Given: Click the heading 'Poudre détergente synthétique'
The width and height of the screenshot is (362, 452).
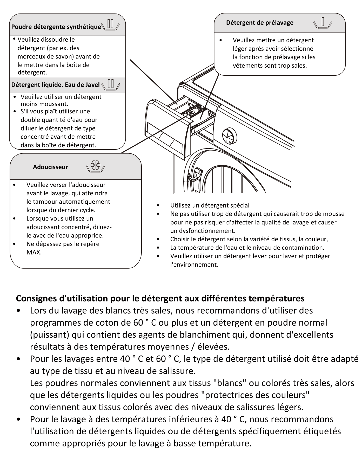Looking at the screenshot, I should coord(56,27).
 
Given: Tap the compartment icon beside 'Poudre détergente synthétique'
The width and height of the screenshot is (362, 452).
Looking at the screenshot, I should coord(110,25).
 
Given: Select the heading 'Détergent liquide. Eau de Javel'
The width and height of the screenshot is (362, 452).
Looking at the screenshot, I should coord(55,85).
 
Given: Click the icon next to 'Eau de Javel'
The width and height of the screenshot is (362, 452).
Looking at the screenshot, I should coord(111,85).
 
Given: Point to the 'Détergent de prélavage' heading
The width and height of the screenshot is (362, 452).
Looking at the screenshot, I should coord(260,23).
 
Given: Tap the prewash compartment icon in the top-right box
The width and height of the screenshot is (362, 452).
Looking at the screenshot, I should coord(323,23).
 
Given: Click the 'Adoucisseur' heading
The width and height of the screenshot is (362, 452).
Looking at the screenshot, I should coord(50,167).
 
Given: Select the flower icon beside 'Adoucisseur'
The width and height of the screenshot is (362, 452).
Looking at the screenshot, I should coord(95,166).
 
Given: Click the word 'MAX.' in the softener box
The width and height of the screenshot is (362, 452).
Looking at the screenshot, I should coord(34,252).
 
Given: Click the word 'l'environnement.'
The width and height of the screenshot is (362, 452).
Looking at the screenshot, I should coord(194,265).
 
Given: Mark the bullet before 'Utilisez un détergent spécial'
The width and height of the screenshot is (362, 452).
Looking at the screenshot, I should coord(158,205).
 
